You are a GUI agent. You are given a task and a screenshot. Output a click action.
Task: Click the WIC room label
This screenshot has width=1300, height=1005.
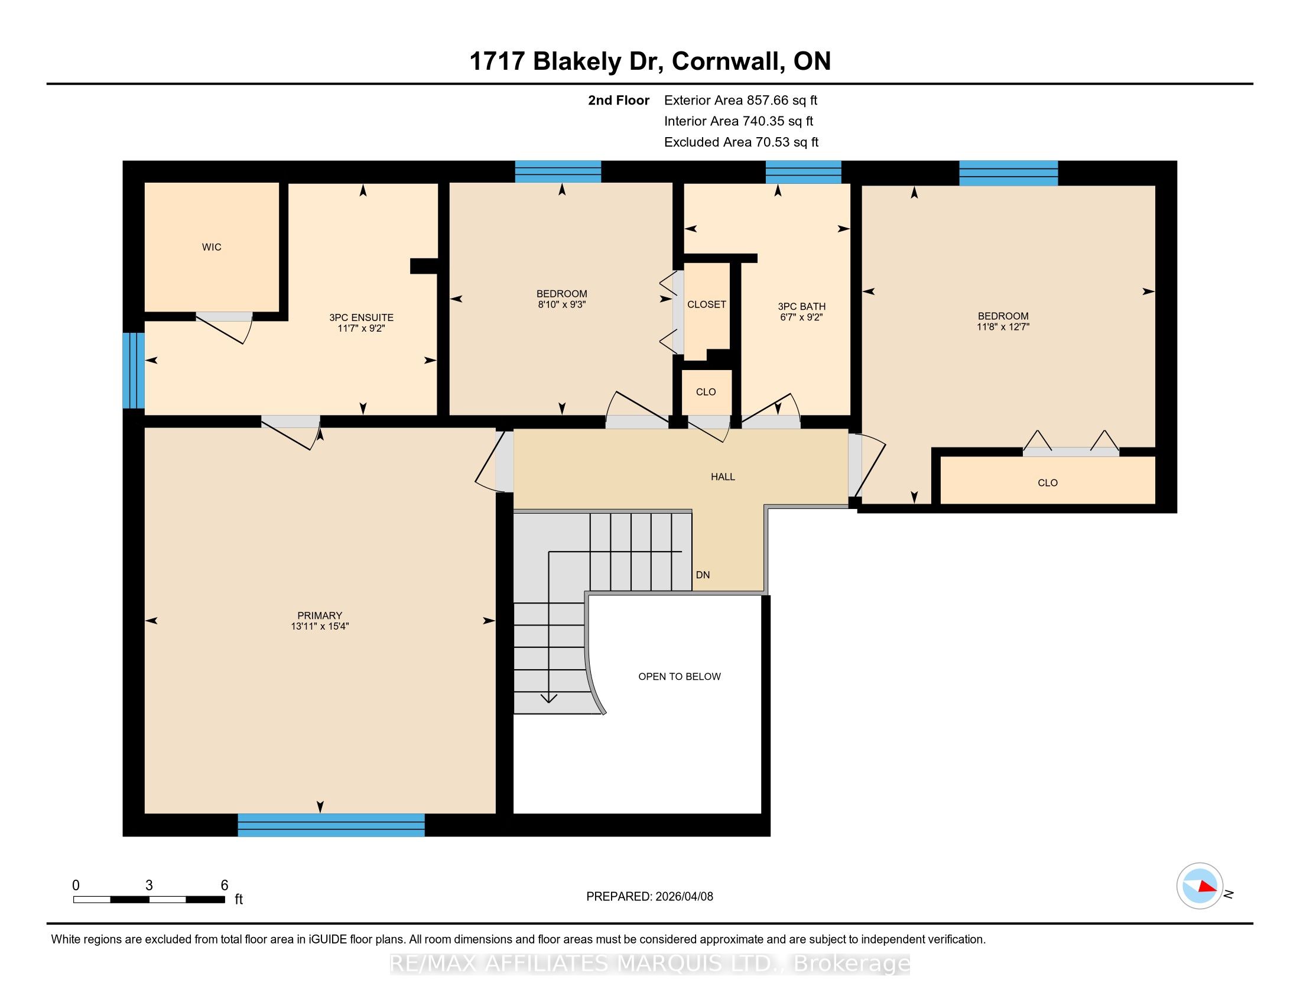(x=212, y=247)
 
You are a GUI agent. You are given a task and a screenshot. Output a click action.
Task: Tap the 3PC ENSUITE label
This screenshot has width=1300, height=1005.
(x=361, y=317)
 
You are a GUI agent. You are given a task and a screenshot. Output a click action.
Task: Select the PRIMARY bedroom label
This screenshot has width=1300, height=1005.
(x=320, y=615)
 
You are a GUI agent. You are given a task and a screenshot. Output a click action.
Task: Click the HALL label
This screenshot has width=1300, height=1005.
(x=723, y=476)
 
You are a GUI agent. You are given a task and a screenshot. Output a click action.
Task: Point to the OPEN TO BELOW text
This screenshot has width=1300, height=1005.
(x=679, y=676)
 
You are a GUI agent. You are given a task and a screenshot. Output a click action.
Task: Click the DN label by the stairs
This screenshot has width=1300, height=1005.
(x=703, y=575)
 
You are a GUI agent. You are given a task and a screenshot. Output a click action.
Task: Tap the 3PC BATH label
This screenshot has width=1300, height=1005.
(x=801, y=307)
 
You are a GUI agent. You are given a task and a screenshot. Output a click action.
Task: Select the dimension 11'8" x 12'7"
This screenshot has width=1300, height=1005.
(x=1003, y=327)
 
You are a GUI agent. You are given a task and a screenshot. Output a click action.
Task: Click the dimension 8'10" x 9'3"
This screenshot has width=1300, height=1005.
(x=561, y=304)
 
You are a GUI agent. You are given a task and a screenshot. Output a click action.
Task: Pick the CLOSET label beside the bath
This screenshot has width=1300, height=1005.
(x=707, y=304)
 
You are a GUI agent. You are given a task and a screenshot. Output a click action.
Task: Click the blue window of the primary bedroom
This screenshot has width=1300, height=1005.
(x=331, y=825)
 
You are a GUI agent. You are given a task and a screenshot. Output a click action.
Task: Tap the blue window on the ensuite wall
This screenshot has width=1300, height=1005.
(x=134, y=370)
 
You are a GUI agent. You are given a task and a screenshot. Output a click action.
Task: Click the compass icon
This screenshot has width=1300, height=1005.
(x=1200, y=886)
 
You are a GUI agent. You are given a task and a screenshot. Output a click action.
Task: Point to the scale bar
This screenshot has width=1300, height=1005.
(x=149, y=899)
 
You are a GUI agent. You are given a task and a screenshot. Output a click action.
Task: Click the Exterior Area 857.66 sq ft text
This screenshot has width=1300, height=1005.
(x=740, y=100)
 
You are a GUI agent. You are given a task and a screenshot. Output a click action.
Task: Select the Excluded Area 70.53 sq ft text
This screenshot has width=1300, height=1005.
(x=741, y=142)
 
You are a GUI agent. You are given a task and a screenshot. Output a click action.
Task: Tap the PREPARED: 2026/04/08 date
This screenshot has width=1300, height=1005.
(x=649, y=896)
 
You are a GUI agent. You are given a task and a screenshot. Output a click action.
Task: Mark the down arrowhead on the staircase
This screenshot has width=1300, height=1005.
(x=548, y=698)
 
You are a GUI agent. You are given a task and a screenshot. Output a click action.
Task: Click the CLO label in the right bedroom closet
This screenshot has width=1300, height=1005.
(x=1047, y=483)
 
